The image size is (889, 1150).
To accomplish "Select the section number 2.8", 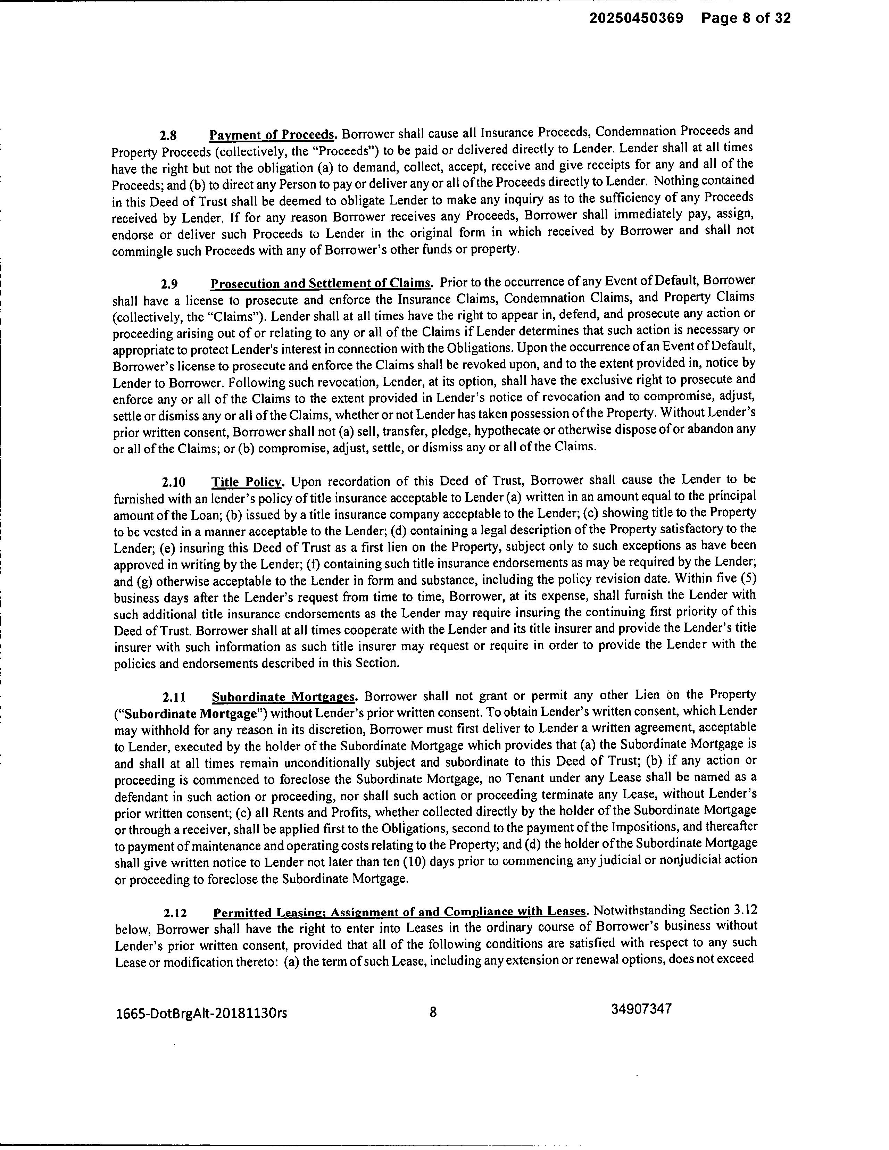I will pyautogui.click(x=168, y=135).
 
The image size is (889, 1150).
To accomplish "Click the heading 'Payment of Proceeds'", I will pyautogui.click(x=272, y=135).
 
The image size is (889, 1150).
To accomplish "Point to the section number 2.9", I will pyautogui.click(x=169, y=284).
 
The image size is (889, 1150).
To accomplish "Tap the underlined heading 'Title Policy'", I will pyautogui.click(x=248, y=482).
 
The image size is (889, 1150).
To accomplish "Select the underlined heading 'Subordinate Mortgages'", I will pyautogui.click(x=284, y=697).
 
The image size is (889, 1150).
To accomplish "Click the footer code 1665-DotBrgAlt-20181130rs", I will pyautogui.click(x=201, y=1013).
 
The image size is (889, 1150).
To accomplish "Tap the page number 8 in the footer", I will pyautogui.click(x=433, y=1012).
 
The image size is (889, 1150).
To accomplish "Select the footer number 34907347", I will pyautogui.click(x=641, y=1009).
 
